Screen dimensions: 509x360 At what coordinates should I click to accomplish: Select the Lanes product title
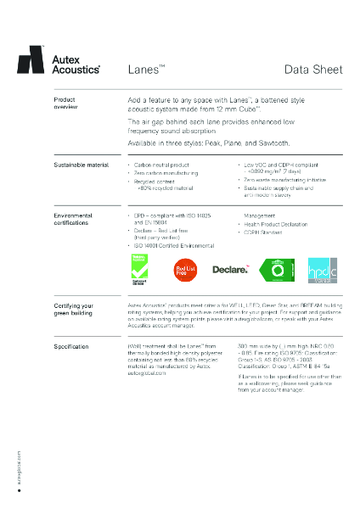coord(146,69)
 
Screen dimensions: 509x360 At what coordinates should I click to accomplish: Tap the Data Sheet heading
coord(313,69)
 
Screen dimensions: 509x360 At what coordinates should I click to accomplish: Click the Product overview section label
coord(66,104)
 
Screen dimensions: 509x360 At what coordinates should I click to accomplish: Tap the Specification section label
coord(71,346)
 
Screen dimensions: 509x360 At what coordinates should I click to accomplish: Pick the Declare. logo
coord(229,270)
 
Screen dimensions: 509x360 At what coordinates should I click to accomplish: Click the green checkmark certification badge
coord(138,268)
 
